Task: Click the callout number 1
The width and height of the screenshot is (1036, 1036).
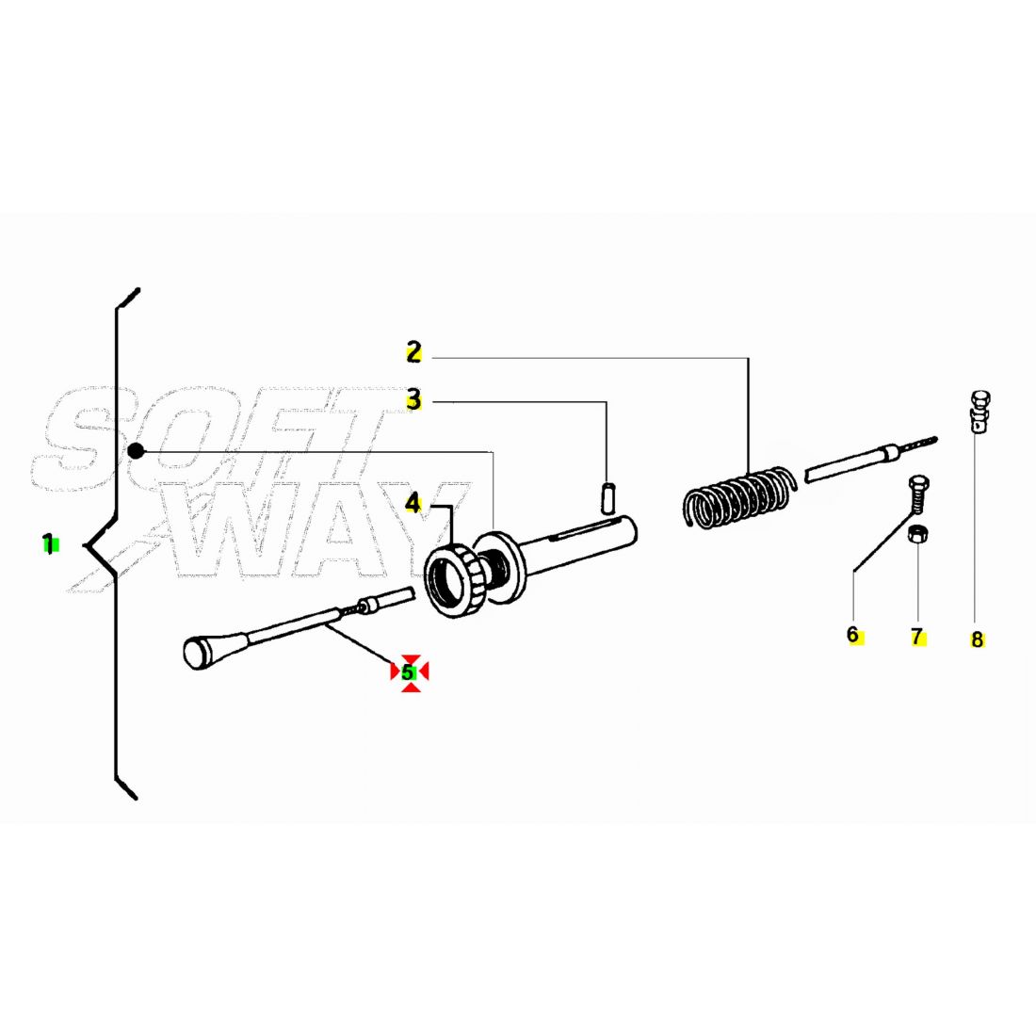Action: click(48, 544)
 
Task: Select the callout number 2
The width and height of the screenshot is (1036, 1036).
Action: click(413, 351)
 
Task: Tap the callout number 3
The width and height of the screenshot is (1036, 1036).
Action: click(413, 399)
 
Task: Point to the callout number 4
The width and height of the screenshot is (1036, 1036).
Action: click(413, 504)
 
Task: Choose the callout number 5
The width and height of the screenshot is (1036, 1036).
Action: click(408, 672)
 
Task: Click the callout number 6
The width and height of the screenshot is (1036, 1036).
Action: click(852, 635)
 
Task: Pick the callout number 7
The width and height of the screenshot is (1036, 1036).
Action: click(916, 637)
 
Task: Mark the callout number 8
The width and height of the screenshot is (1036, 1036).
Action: click(978, 639)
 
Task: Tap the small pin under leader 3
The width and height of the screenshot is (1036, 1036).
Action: click(608, 499)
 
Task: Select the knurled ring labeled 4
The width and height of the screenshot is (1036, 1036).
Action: click(455, 581)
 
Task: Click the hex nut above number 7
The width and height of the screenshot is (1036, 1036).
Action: click(917, 534)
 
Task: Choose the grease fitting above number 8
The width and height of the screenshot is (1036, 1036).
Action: click(979, 411)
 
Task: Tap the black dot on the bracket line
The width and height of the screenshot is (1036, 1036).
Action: click(136, 450)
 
